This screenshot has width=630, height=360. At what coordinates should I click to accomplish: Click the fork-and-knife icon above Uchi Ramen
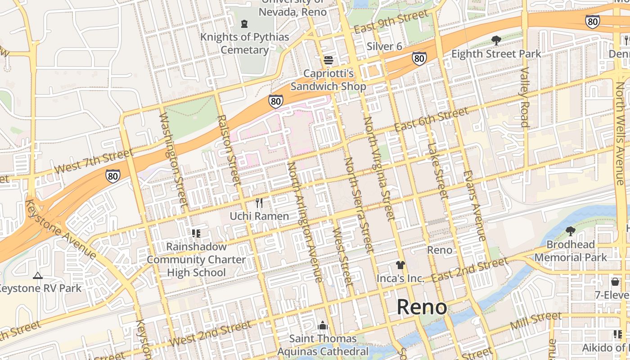point(259,203)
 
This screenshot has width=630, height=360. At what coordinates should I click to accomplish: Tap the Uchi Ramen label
point(259,216)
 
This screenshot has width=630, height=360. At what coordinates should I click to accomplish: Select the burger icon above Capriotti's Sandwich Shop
point(328,60)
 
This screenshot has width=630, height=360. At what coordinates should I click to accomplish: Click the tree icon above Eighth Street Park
point(496,40)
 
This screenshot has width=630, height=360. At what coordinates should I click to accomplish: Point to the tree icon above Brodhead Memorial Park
point(571,231)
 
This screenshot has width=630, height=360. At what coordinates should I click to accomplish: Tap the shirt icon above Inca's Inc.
point(400,265)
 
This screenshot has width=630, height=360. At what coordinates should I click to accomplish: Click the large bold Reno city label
point(422,307)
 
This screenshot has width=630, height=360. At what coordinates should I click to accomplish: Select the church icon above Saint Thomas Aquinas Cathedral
point(323,325)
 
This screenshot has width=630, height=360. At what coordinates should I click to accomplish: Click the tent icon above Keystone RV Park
point(38,275)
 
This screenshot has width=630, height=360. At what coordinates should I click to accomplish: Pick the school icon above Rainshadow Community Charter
point(196,233)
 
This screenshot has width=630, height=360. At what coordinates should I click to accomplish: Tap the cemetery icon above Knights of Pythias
point(244,23)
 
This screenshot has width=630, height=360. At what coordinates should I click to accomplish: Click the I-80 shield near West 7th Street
point(113,175)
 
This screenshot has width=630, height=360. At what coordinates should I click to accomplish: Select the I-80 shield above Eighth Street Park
point(419,58)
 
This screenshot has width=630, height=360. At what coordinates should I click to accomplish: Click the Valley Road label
point(525,97)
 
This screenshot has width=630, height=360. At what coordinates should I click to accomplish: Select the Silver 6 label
point(384,46)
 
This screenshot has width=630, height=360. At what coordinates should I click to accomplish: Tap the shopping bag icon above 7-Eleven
point(615,282)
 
